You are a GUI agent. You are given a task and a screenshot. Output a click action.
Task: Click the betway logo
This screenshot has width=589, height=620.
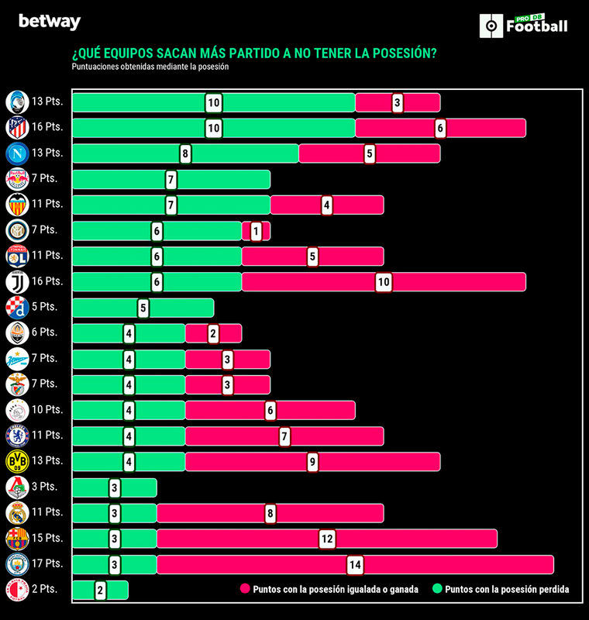pyautogui.click(x=50, y=22)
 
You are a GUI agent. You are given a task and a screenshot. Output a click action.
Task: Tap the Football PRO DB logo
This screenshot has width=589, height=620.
pyautogui.click(x=525, y=25)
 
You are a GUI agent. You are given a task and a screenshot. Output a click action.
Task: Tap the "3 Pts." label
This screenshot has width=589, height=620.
pyautogui.click(x=45, y=486)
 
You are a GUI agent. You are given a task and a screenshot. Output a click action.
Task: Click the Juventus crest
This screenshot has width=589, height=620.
pyautogui.click(x=17, y=281)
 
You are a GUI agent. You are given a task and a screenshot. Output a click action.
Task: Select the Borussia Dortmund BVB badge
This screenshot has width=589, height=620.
pyautogui.click(x=17, y=461)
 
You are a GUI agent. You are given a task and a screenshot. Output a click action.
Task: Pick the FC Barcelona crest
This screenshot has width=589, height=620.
pyautogui.click(x=17, y=538)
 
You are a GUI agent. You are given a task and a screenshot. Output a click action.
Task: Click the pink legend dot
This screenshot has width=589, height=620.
pyautogui.click(x=245, y=590)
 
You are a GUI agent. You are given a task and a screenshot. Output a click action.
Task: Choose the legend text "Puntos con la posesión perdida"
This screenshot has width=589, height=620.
pyautogui.click(x=508, y=590)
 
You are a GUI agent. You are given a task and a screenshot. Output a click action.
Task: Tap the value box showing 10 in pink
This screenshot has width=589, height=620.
pyautogui.click(x=384, y=282)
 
